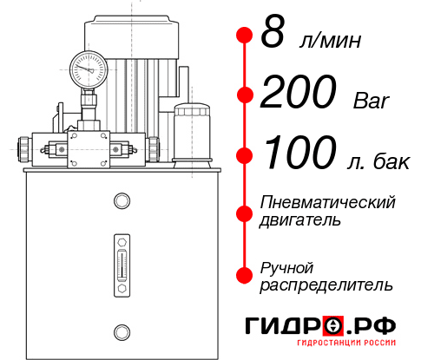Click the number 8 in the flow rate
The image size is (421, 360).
tap(273, 34)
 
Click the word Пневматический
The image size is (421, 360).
tap(327, 202)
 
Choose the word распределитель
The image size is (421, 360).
tap(326, 285)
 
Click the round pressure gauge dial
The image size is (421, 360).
tap(89, 66)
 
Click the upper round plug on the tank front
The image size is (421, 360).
tap(121, 202)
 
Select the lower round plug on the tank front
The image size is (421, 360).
tap(121, 330)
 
